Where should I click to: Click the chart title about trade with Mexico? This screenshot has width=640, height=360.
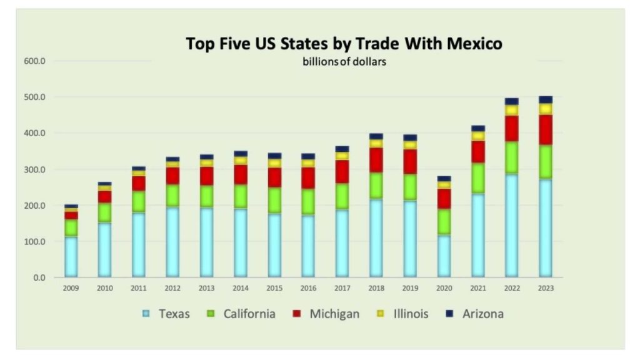[x=344, y=44]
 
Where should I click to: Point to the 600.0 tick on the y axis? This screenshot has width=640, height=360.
[x=34, y=61]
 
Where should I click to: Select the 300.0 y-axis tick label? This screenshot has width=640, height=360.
[x=34, y=169]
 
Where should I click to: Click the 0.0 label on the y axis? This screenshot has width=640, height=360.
[x=39, y=277]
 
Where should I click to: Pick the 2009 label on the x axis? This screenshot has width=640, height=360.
[x=71, y=288]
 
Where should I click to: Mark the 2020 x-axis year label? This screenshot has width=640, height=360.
[x=444, y=288]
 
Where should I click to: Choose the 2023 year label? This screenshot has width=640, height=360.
[x=545, y=288]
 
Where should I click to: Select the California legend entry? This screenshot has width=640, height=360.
[x=241, y=314]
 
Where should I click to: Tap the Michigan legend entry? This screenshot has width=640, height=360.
[x=327, y=314]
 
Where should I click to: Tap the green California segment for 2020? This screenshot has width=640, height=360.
[x=444, y=222]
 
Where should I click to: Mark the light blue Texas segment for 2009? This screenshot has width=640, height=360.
[x=71, y=256]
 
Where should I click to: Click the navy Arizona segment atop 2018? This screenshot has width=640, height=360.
[x=376, y=136]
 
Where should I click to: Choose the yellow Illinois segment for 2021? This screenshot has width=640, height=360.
[x=478, y=136]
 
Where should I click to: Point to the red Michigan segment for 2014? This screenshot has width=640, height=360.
[x=241, y=174]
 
